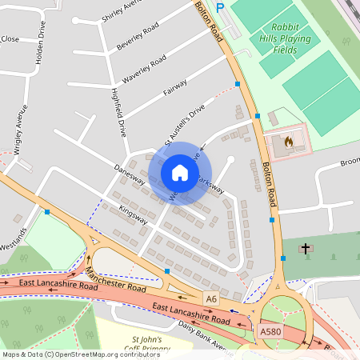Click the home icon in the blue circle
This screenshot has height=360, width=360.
(180, 173)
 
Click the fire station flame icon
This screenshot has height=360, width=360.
(289, 142)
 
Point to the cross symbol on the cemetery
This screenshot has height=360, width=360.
(305, 250)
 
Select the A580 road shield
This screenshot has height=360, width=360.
(271, 330)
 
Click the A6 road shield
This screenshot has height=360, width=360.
(211, 298)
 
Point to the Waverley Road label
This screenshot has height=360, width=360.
(144, 70)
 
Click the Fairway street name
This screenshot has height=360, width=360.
(175, 87)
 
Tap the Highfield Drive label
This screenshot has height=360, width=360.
(118, 115)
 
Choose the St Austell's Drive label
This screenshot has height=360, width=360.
(185, 121)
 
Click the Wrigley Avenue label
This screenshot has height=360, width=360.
(20, 129)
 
